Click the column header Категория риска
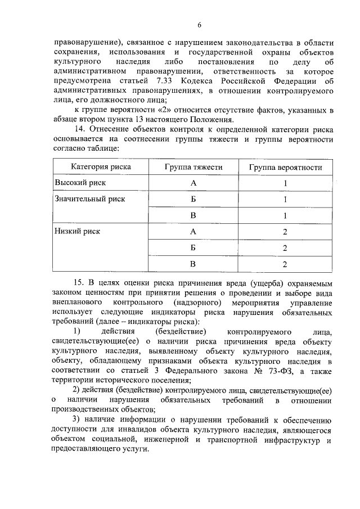(101, 167)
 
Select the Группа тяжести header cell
(193, 167)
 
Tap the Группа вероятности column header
(285, 167)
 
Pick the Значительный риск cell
(89, 199)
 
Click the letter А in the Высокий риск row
(193, 183)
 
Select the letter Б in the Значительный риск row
(193, 199)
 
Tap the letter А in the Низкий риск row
(193, 231)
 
